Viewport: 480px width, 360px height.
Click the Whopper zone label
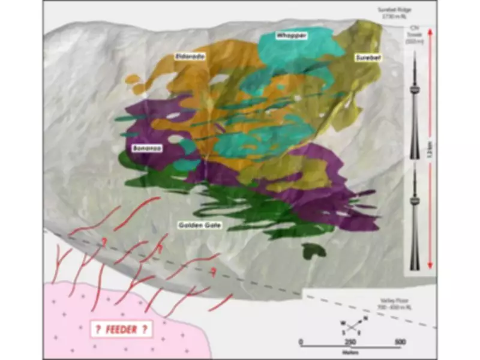pyautogui.click(x=291, y=36)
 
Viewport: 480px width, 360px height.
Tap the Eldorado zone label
pyautogui.click(x=189, y=56)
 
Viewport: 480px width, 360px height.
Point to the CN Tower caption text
pyautogui.click(x=413, y=34)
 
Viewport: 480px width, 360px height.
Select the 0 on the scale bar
pyautogui.click(x=301, y=342)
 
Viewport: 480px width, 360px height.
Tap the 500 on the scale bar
pyautogui.click(x=397, y=342)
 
